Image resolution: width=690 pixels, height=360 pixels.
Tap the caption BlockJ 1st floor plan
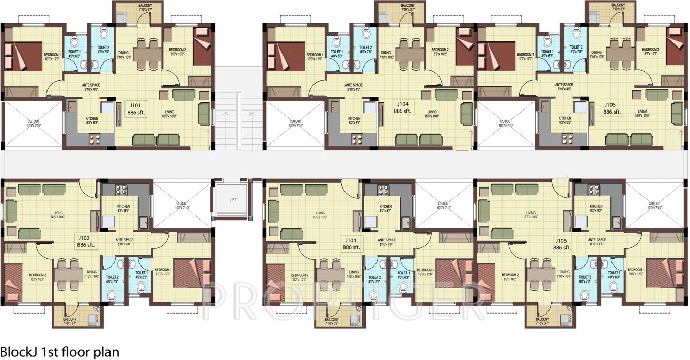(x=60, y=352)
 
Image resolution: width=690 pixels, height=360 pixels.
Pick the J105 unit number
(x=611, y=104)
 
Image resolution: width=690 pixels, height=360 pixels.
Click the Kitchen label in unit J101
(x=92, y=118)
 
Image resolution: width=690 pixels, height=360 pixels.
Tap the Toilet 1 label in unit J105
(x=546, y=52)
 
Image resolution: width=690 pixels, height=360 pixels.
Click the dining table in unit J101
(x=148, y=51)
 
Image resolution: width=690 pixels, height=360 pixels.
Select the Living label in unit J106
(x=530, y=213)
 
